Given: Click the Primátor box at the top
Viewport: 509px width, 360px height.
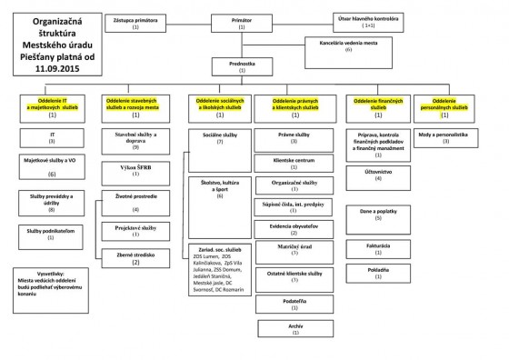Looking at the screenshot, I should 242,22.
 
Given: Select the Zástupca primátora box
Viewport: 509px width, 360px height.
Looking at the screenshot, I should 135,22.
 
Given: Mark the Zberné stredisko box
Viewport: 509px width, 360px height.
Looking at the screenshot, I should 135,258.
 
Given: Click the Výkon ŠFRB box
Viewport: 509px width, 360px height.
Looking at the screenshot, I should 135,170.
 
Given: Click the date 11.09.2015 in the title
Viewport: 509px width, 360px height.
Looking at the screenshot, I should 51,67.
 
